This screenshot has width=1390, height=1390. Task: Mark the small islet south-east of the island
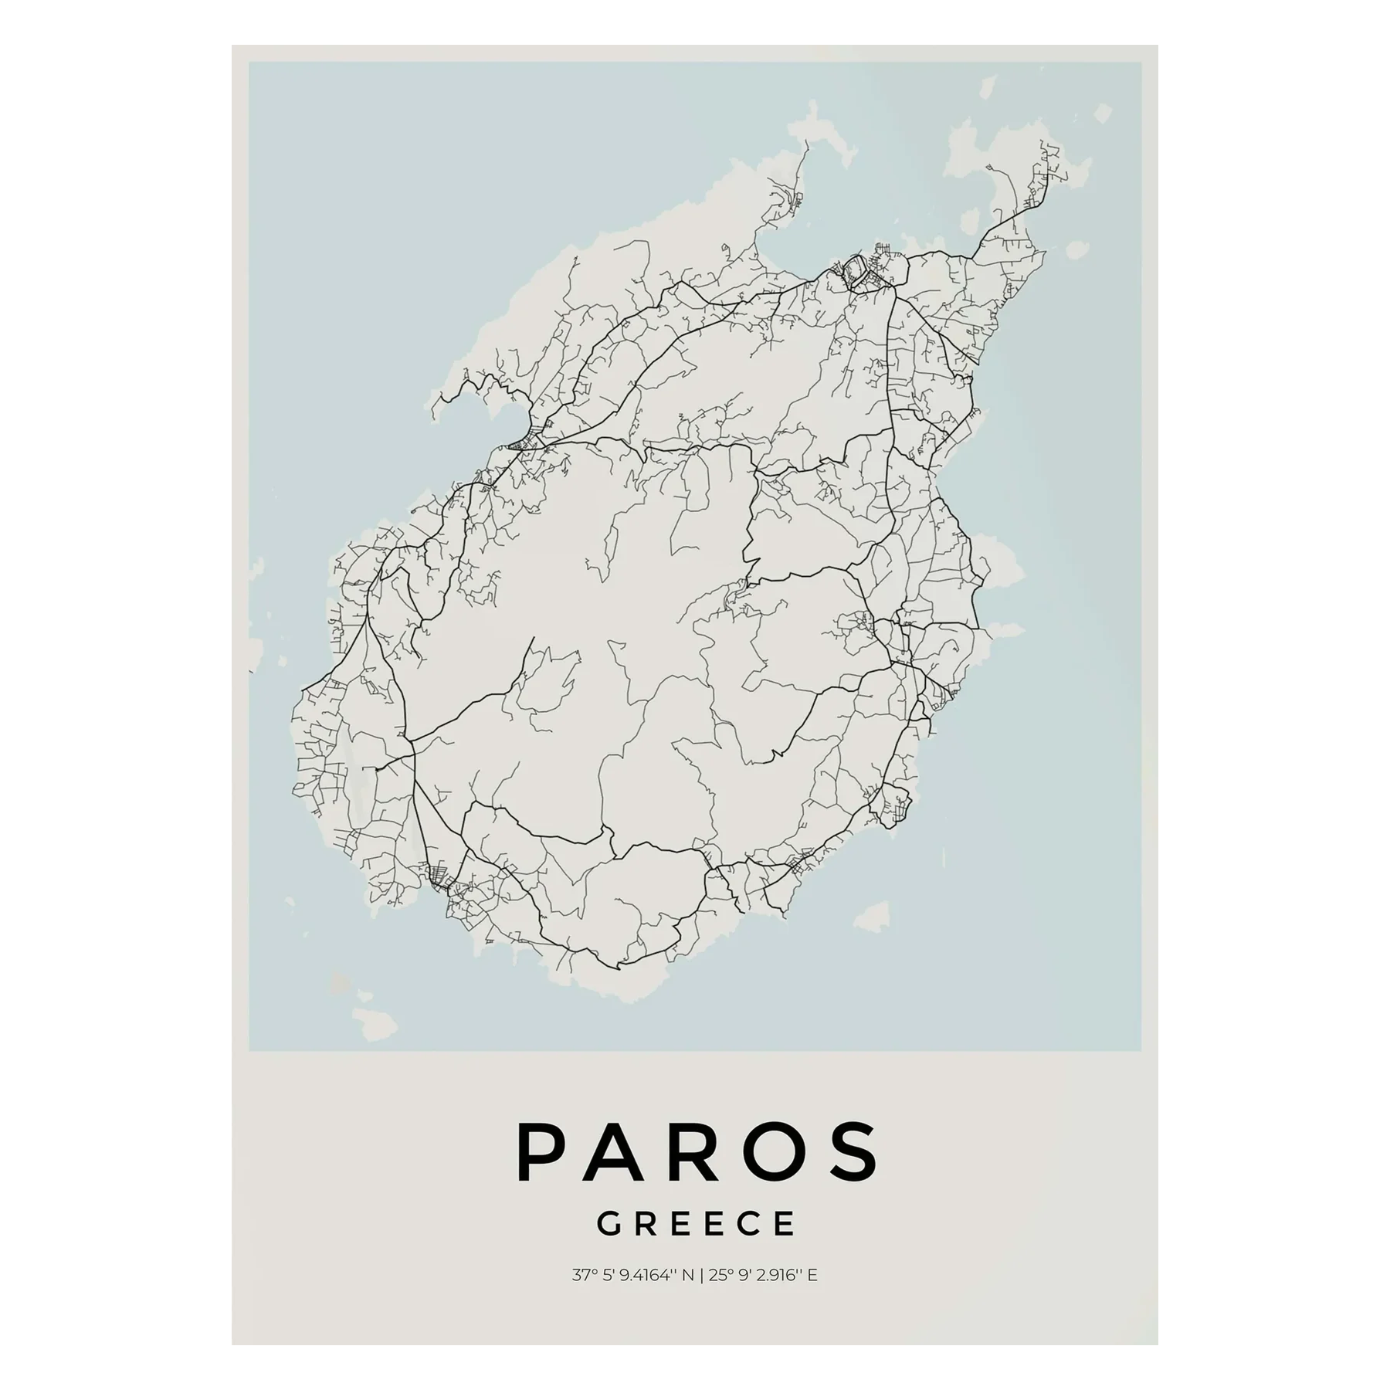click(x=871, y=917)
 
